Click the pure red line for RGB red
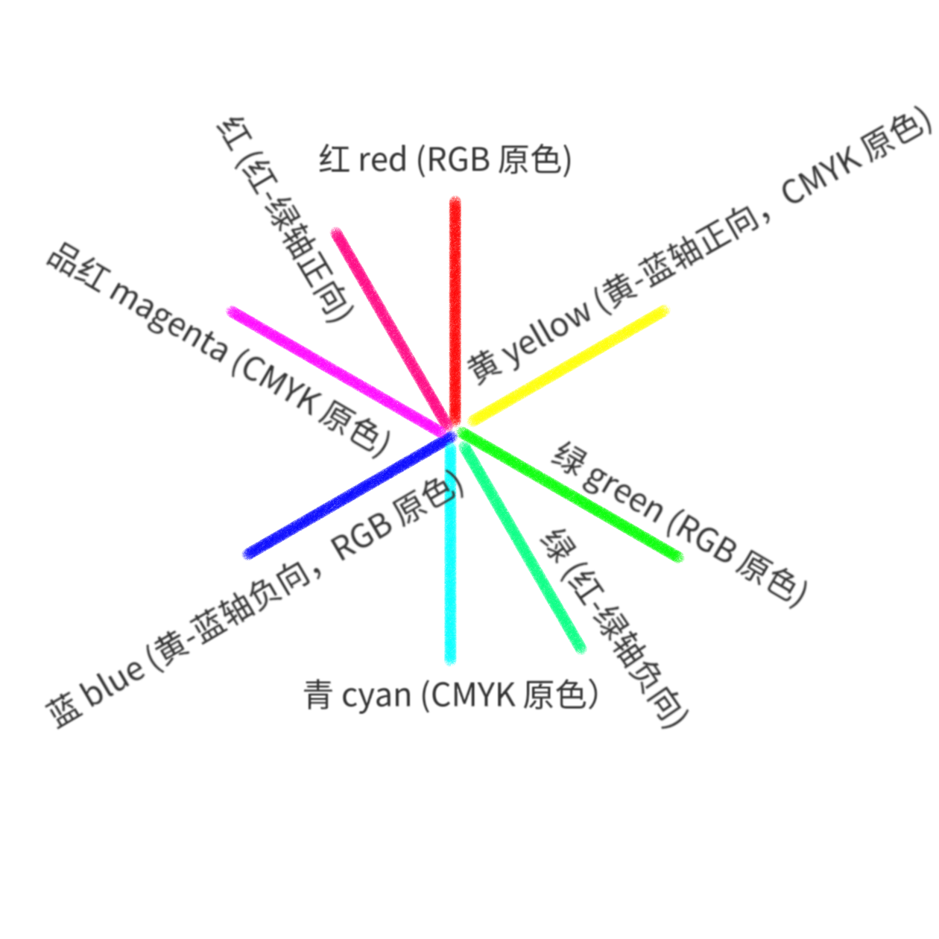coord(455,298)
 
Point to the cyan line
coord(450,566)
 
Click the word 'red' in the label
coord(382,159)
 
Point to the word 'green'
coord(623,493)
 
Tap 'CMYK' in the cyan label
coord(474,695)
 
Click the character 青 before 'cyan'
coord(318,695)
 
